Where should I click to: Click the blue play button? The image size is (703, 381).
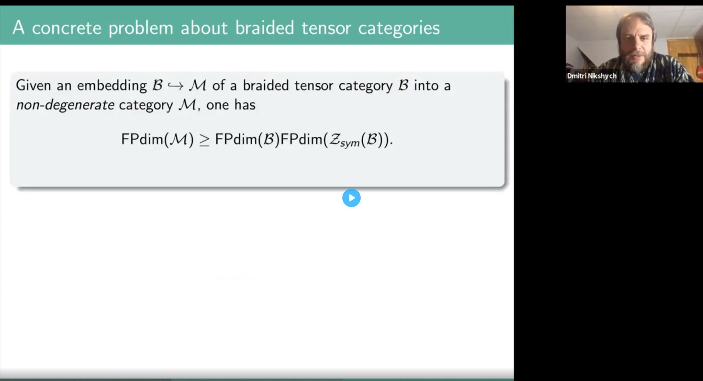point(351,198)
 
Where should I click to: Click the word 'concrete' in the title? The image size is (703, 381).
point(67,28)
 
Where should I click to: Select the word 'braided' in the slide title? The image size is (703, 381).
point(264,28)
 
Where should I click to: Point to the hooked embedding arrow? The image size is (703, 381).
point(175,86)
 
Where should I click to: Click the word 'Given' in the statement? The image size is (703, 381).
point(33,85)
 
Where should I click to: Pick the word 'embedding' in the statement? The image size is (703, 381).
point(112,86)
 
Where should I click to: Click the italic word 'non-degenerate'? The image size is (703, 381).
point(65,105)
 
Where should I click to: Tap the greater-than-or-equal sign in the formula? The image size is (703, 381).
point(204,140)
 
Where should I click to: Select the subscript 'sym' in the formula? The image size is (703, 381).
point(350,143)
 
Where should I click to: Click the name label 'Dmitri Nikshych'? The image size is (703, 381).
point(592,76)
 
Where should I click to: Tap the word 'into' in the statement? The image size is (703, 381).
point(426,85)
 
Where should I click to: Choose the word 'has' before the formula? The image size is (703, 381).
point(245,105)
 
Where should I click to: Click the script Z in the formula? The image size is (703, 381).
point(334,139)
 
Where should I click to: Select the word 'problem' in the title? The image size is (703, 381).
point(141,29)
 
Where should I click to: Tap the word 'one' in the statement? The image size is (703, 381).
point(217,105)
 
